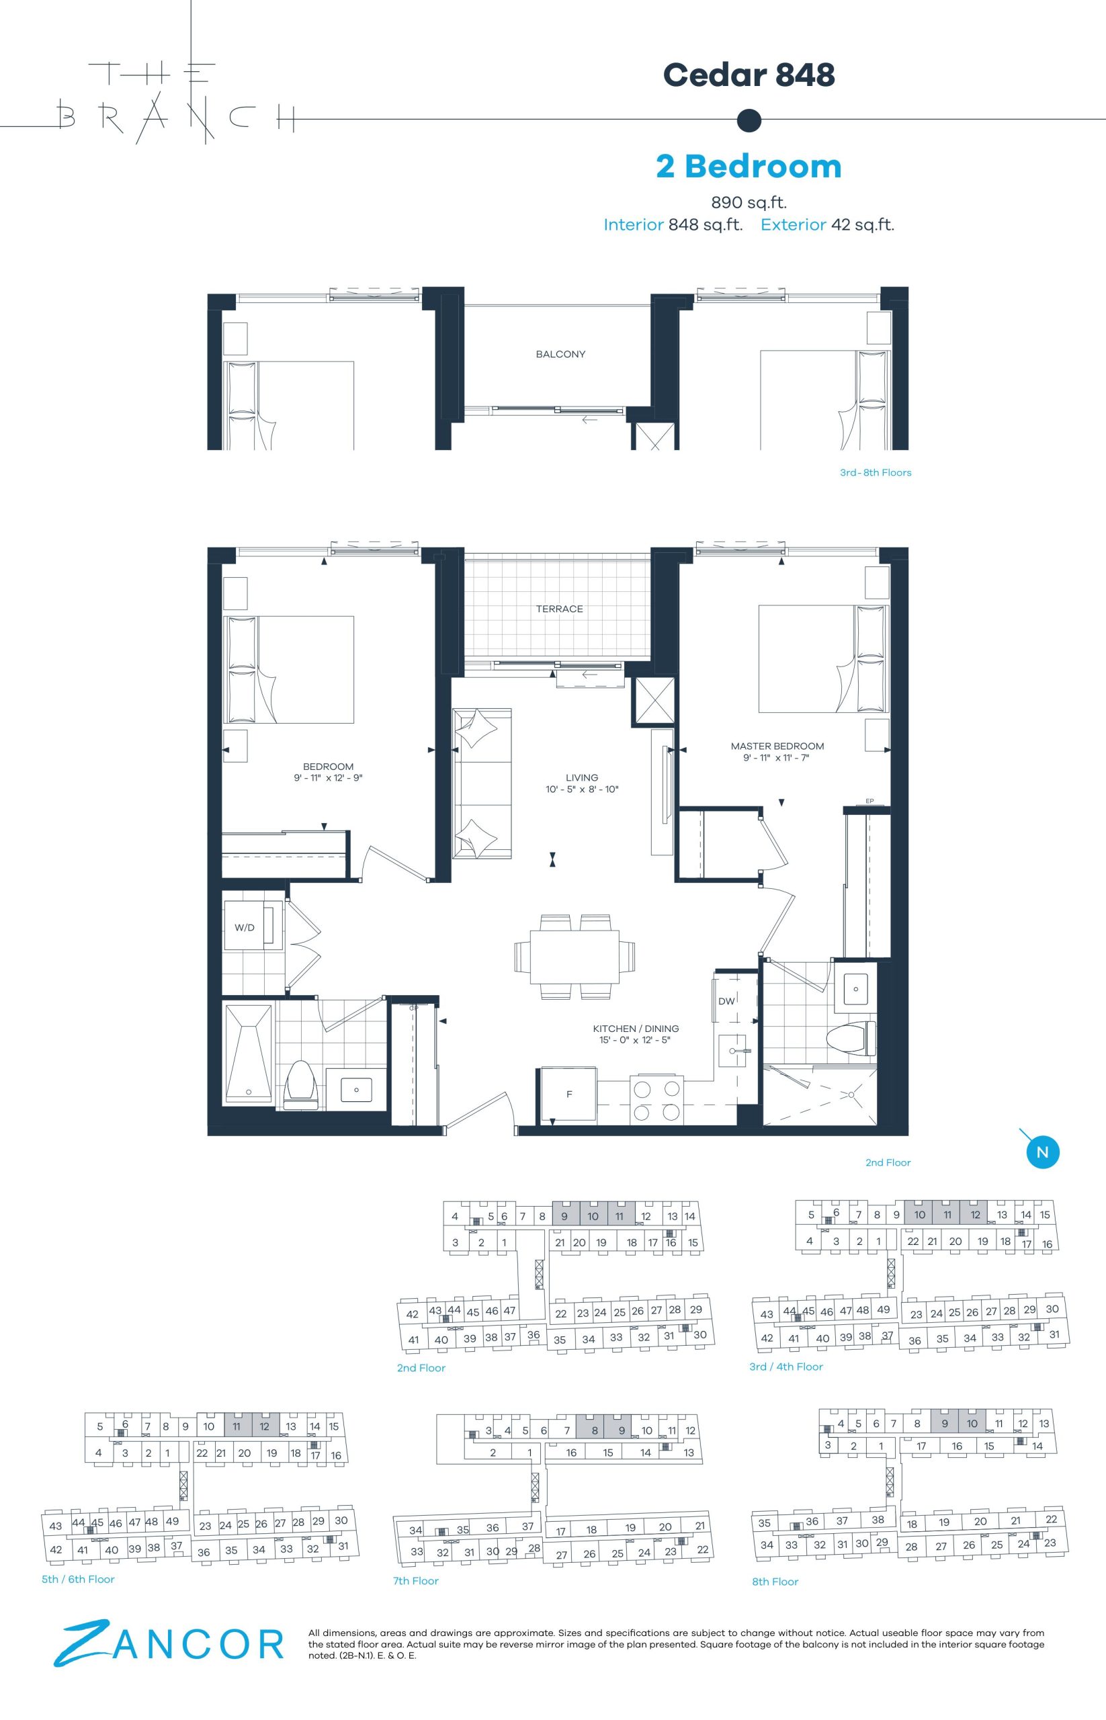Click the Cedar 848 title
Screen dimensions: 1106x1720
point(749,75)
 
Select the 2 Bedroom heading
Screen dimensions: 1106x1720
point(749,166)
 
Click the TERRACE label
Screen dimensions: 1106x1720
point(560,609)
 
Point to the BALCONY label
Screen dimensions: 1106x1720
point(560,354)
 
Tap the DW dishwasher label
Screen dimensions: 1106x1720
point(726,1001)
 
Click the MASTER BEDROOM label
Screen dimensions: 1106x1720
point(777,746)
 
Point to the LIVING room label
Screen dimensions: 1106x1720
point(582,777)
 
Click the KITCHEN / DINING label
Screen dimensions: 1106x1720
point(636,1029)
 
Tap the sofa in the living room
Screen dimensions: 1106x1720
point(482,783)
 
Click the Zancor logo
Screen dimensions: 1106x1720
point(169,1643)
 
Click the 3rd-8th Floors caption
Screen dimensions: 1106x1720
point(876,472)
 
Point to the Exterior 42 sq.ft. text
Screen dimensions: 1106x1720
point(827,225)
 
